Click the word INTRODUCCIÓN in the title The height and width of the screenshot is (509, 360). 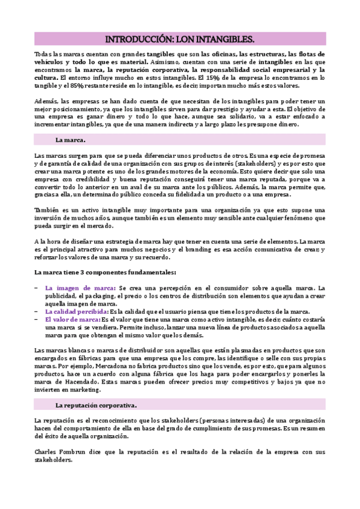[138, 40]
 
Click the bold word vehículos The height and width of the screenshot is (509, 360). [50, 62]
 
